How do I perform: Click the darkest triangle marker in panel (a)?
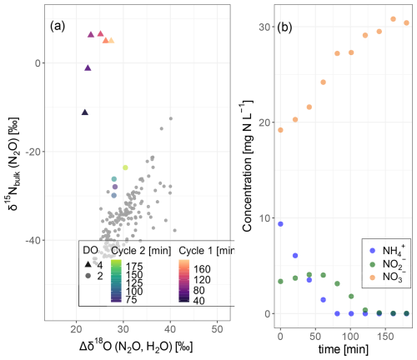(x=85, y=112)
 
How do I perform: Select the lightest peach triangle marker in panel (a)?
(x=111, y=41)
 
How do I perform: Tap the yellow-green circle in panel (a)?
(x=125, y=167)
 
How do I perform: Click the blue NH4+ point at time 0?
(x=280, y=224)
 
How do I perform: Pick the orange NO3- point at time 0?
(x=280, y=130)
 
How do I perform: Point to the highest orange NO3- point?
(x=393, y=19)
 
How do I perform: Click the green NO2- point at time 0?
(x=280, y=282)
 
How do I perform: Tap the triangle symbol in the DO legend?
(x=88, y=264)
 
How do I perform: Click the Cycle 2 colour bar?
(x=116, y=281)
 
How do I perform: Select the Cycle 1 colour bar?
(x=184, y=281)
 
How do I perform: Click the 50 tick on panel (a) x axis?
(x=217, y=329)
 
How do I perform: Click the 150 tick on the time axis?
(x=385, y=337)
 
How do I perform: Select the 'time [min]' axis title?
(x=343, y=349)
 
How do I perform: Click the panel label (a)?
(x=58, y=27)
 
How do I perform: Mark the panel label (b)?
(x=284, y=27)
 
